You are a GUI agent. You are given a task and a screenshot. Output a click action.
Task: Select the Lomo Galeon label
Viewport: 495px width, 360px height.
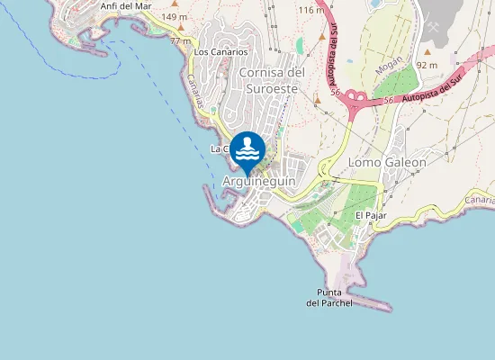[x=387, y=162]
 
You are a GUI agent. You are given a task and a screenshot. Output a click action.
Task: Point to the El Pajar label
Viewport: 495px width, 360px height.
[x=370, y=215]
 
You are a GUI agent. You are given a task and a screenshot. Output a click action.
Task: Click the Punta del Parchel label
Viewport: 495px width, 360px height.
[x=329, y=298]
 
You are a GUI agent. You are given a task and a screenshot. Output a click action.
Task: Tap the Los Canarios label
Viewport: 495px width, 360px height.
[x=220, y=52]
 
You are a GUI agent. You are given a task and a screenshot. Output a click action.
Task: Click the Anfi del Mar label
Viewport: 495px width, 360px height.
[x=126, y=5]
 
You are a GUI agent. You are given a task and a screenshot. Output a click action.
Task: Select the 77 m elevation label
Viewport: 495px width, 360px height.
[x=180, y=41]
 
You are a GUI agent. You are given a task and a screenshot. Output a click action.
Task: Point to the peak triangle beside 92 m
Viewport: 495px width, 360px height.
[x=428, y=52]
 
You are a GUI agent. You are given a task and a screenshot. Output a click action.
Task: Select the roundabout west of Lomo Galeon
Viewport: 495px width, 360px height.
[x=323, y=168]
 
